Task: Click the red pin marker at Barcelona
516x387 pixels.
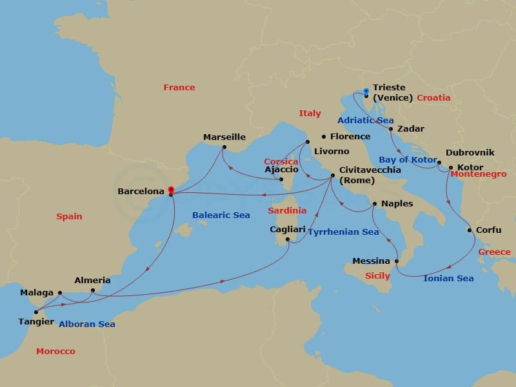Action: click(x=170, y=191)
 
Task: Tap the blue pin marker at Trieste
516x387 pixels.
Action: click(x=366, y=92)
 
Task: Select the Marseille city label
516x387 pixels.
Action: click(x=224, y=137)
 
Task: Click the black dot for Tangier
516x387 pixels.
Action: click(x=36, y=312)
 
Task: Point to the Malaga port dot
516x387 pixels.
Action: click(x=60, y=293)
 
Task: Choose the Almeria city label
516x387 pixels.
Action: click(x=92, y=281)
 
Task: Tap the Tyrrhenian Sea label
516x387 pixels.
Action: click(x=342, y=232)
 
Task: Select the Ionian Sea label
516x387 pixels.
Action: click(x=448, y=279)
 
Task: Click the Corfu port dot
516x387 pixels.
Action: click(x=470, y=230)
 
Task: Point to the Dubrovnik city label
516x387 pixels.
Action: click(x=470, y=153)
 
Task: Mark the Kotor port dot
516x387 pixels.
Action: click(x=451, y=168)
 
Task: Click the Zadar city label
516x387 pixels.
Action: click(x=411, y=129)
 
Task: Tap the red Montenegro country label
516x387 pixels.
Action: click(x=477, y=174)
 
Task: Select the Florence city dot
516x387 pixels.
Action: click(x=324, y=137)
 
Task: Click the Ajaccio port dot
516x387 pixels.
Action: click(x=281, y=179)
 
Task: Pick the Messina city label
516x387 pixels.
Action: click(x=371, y=261)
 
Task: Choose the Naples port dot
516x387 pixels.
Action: click(x=375, y=204)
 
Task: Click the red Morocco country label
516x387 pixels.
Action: click(x=55, y=352)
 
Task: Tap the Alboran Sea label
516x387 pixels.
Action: click(x=86, y=324)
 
